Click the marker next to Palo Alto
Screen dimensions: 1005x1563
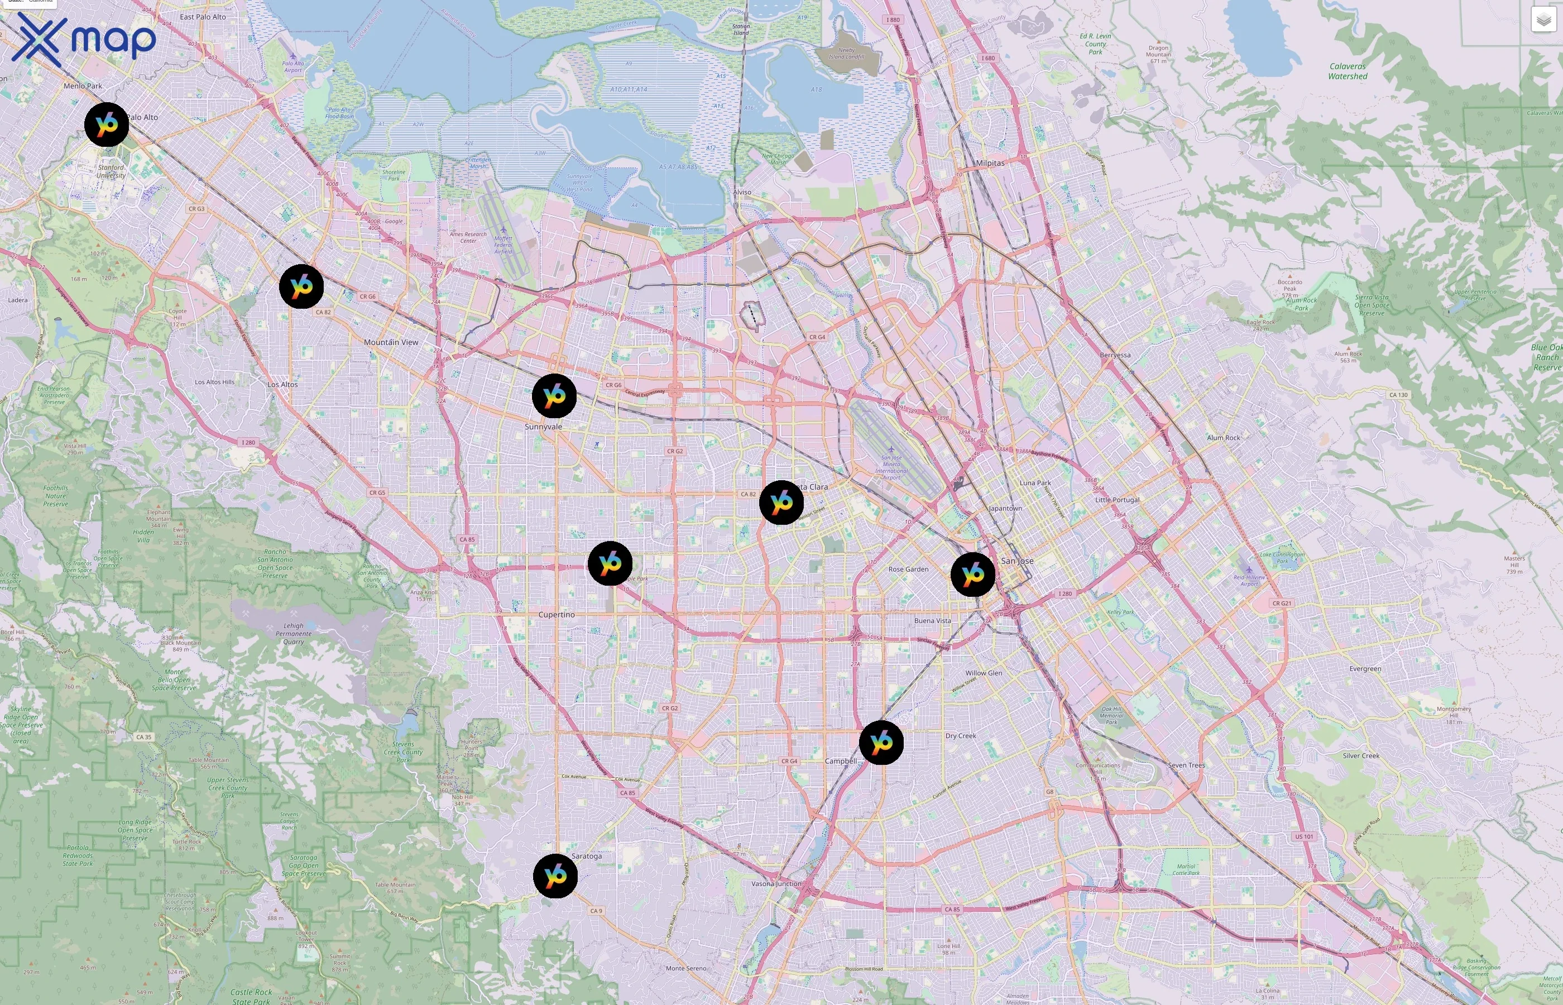[106, 124]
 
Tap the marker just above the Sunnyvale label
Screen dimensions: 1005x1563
[554, 395]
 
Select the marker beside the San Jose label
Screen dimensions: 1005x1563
[972, 575]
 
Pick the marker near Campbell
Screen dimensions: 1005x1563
[881, 742]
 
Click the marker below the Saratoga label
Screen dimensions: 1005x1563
[555, 876]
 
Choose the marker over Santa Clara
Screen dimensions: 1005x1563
[781, 502]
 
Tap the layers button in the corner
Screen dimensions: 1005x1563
[1543, 20]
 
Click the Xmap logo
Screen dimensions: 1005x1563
[84, 39]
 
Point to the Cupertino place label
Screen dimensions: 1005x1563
[557, 615]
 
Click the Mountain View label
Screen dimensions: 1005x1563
[391, 342]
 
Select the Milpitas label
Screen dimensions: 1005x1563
[990, 163]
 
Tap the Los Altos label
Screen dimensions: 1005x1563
[282, 384]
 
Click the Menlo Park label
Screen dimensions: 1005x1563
[83, 86]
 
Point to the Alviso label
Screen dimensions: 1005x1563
[742, 193]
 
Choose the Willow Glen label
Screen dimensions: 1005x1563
[983, 673]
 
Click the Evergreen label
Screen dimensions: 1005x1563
[1365, 669]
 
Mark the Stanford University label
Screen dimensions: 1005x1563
[111, 171]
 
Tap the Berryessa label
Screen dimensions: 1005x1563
[1115, 355]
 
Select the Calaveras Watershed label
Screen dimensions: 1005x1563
[1347, 71]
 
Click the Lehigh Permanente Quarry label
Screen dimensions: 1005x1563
[294, 634]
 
